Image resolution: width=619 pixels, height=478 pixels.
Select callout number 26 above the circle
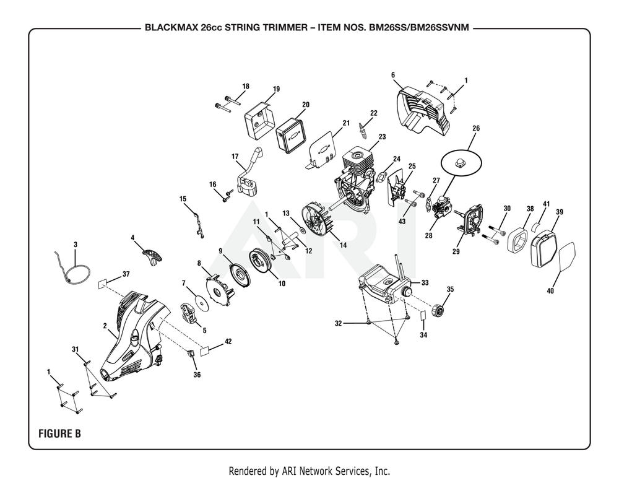click(475, 129)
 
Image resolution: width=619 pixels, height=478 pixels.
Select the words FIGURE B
click(59, 433)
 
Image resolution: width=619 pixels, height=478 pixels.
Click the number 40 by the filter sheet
click(550, 290)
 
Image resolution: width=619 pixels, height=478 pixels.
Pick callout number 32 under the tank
click(338, 323)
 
